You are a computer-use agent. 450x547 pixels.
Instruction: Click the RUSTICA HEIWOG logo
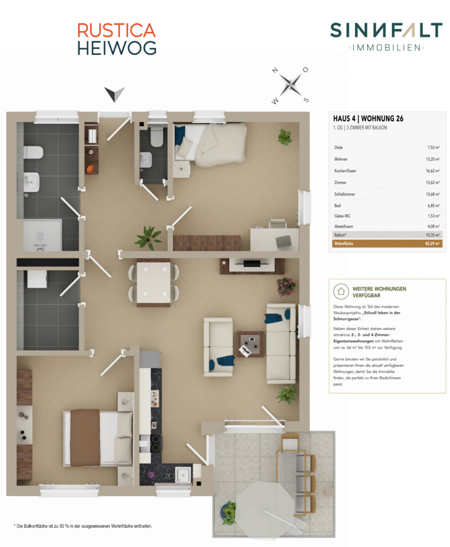[x=116, y=39]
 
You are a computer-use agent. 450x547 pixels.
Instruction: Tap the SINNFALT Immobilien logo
[x=386, y=36]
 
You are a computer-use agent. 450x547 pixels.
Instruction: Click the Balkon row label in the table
[x=340, y=235]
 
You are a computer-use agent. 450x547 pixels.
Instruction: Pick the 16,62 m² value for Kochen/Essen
[x=433, y=171]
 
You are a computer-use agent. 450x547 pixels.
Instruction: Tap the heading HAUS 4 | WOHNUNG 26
[x=368, y=119]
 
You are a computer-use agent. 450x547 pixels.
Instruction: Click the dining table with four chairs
[x=153, y=283]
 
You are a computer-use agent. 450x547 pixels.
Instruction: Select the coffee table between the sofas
[x=250, y=344]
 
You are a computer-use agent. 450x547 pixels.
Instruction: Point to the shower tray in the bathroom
[x=43, y=235]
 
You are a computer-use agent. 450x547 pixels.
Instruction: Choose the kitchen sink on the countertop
[x=183, y=475]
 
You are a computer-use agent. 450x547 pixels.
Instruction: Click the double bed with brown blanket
[x=98, y=438]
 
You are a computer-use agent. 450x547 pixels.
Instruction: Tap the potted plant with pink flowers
[x=286, y=287]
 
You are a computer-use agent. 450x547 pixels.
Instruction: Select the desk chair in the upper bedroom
[x=278, y=224]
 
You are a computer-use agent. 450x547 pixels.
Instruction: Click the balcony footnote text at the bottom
[x=83, y=526]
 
